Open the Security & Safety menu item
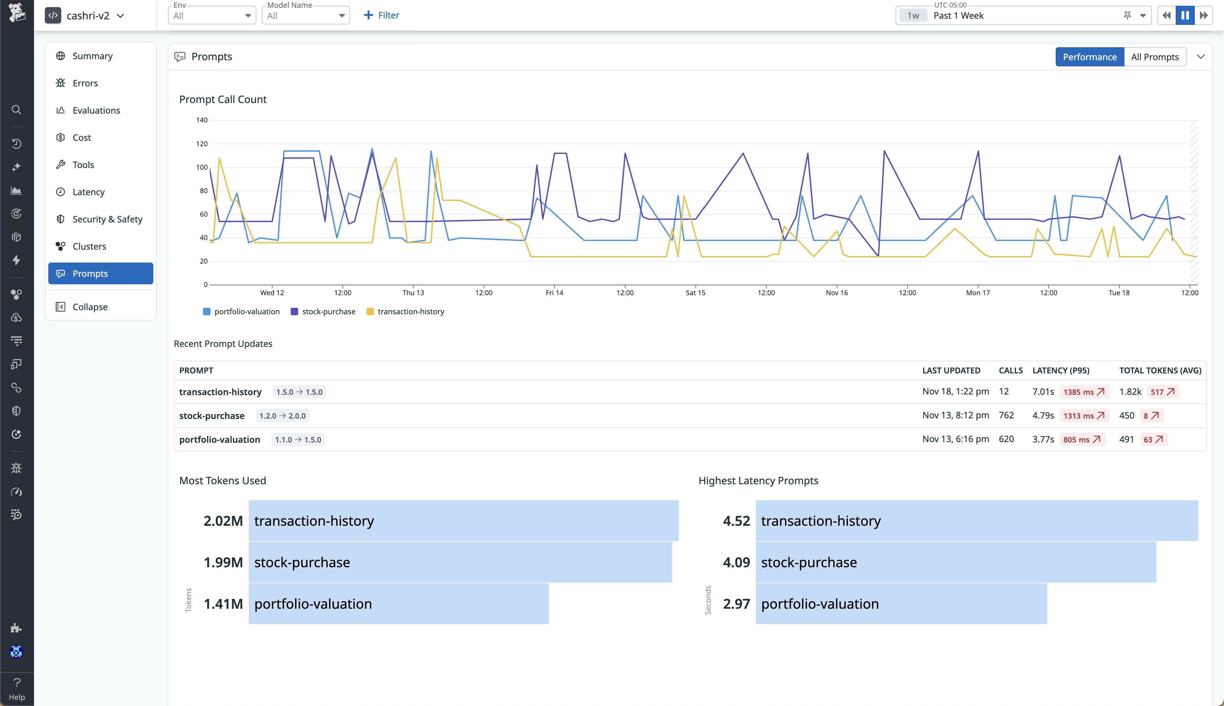pos(107,219)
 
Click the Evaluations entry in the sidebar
pos(96,111)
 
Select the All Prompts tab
pos(1154,57)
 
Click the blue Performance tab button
pos(1089,57)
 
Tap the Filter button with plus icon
pos(381,16)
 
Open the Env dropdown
pos(212,16)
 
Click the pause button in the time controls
pos(1185,16)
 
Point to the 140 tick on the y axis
pos(202,120)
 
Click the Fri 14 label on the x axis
pos(554,293)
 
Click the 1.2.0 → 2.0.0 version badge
pos(282,416)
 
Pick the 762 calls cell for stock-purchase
pos(1006,416)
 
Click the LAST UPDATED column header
pos(951,370)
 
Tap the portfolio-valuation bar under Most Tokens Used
pos(398,604)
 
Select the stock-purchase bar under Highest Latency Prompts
pos(955,562)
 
